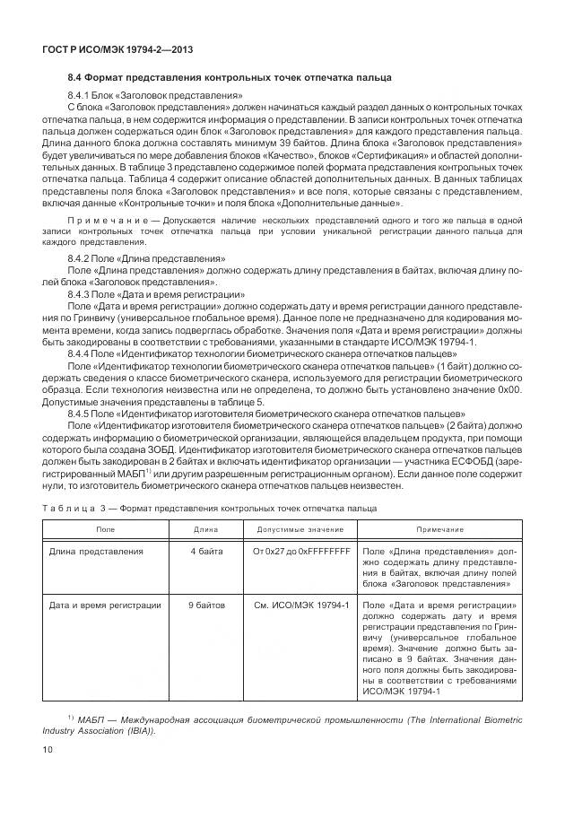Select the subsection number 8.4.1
tap(81, 95)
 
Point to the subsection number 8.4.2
tap(81, 258)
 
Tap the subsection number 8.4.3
tap(81, 293)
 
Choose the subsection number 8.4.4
tap(81, 353)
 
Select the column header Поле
tap(106, 529)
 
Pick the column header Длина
tap(206, 529)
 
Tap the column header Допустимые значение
tap(300, 529)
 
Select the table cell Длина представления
tap(95, 551)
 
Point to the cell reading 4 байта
tap(206, 551)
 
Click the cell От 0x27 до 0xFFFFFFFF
tap(300, 551)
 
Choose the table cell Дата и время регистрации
tap(104, 606)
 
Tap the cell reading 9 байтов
tap(206, 606)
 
